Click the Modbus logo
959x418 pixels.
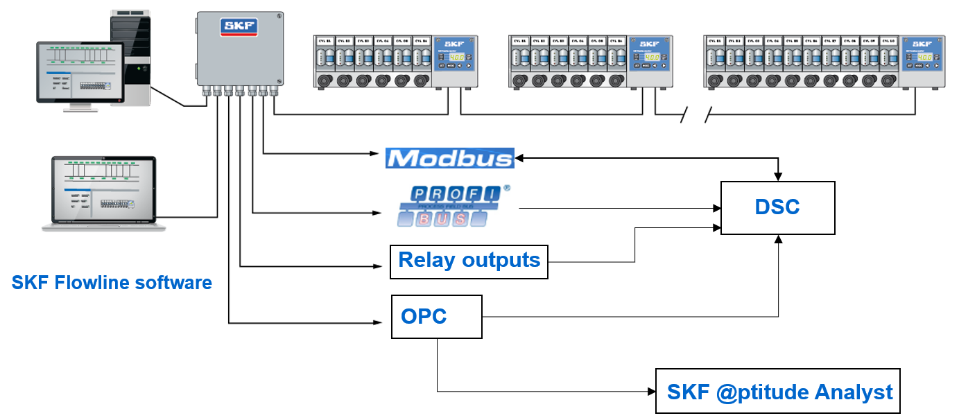(x=449, y=158)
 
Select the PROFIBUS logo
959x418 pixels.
(x=453, y=207)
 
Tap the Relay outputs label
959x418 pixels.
(x=469, y=261)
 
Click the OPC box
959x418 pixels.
(x=436, y=317)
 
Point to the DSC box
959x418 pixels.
(x=777, y=207)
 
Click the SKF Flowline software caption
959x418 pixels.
(x=112, y=283)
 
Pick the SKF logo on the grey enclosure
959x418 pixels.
(x=239, y=27)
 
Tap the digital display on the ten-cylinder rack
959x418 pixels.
(x=924, y=57)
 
